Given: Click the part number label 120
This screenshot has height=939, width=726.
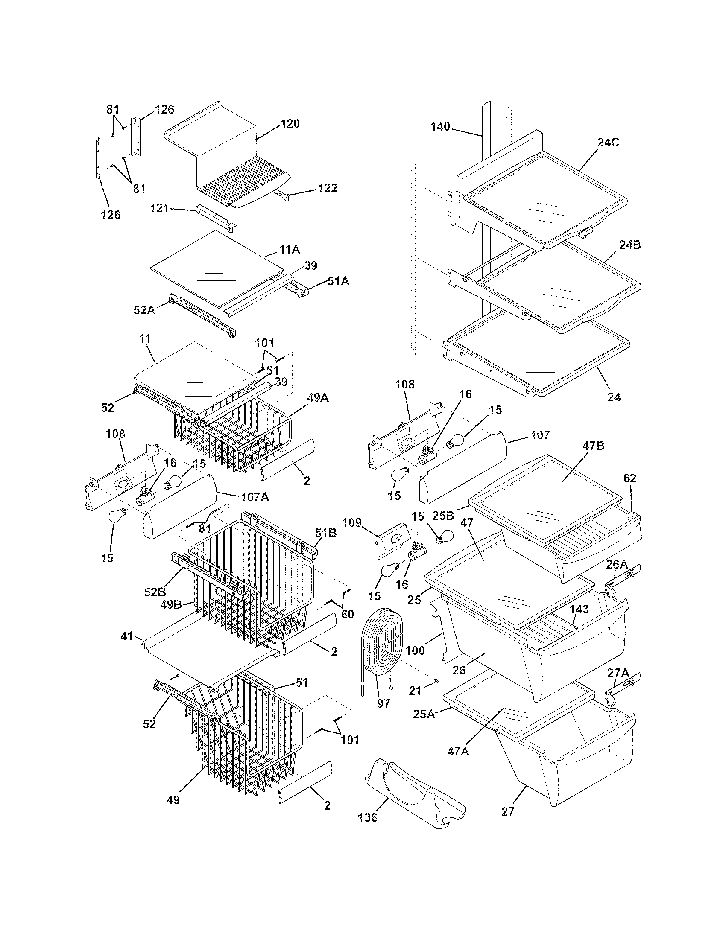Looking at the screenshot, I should click(x=290, y=124).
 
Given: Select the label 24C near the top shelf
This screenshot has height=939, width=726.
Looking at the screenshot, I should click(x=608, y=143).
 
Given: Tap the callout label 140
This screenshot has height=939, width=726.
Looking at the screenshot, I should click(x=440, y=126).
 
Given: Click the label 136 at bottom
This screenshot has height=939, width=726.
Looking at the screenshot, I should click(x=368, y=829).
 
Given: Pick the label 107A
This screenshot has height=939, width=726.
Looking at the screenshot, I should click(x=255, y=497).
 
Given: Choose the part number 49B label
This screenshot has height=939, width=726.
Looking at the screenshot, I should click(x=171, y=605).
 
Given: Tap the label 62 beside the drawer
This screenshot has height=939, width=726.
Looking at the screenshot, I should click(x=629, y=478).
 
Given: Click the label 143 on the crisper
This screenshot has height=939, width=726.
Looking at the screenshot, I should click(x=580, y=609).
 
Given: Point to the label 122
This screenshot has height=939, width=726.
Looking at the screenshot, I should click(x=327, y=188).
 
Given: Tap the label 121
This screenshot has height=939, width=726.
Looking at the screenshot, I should click(x=159, y=208).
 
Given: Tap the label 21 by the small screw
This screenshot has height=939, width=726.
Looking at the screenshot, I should click(x=415, y=691).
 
